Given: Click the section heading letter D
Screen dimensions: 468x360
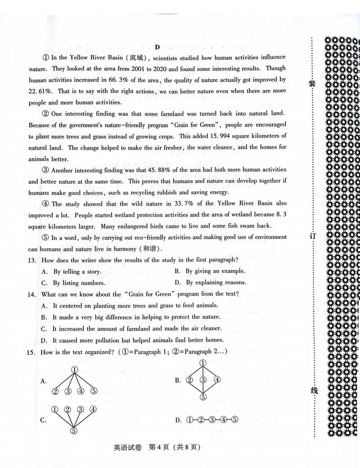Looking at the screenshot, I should (x=157, y=47).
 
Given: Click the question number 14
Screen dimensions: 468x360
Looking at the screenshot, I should (x=32, y=294).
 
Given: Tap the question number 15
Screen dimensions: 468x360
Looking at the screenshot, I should (x=32, y=352).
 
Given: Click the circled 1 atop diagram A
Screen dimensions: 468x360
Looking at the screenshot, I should (x=75, y=370).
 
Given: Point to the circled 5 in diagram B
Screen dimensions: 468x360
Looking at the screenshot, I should (x=203, y=397).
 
